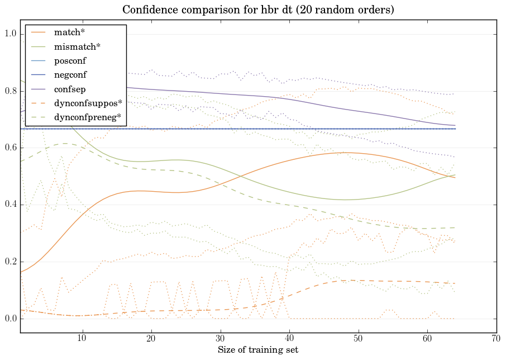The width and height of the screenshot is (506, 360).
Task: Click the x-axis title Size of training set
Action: pyautogui.click(x=258, y=350)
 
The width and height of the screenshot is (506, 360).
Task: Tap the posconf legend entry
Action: pyautogui.click(x=70, y=60)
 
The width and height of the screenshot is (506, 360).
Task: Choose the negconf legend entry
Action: pyautogui.click(x=70, y=74)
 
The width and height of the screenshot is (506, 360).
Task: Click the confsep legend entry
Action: pyautogui.click(x=69, y=89)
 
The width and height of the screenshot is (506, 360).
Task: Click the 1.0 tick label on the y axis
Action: pyautogui.click(x=11, y=34)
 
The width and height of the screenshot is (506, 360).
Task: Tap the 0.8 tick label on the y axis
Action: pyautogui.click(x=11, y=91)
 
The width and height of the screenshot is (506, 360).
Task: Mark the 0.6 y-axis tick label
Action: pyautogui.click(x=11, y=148)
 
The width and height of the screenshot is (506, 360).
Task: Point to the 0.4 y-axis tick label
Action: pyautogui.click(x=11, y=205)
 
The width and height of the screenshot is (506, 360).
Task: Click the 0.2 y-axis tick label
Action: pyautogui.click(x=11, y=262)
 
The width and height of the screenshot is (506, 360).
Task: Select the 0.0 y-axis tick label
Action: pyautogui.click(x=11, y=319)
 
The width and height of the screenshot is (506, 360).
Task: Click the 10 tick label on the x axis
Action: pyautogui.click(x=82, y=338)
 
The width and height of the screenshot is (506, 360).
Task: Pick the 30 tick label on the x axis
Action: pyautogui.click(x=220, y=338)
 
